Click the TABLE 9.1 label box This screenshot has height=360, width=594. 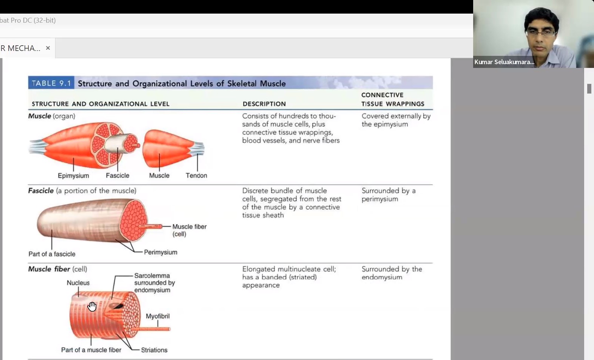coord(51,83)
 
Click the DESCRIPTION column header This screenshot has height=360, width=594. coord(264,104)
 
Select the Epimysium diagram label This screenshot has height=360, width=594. coord(73,175)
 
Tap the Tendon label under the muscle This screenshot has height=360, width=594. coord(196,175)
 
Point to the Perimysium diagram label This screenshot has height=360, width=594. coord(160,252)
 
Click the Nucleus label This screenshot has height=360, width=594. coord(78,283)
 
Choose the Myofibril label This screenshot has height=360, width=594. coord(157,316)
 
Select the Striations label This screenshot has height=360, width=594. coord(154,350)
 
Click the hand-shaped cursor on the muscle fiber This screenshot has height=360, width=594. coord(92,306)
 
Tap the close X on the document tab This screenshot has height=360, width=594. coord(48,48)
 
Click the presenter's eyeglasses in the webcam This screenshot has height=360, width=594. coord(541,33)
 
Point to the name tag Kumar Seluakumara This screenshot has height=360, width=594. coord(504,62)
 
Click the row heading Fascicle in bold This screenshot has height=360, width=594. coord(41,191)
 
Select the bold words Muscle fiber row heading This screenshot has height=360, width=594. coord(49,269)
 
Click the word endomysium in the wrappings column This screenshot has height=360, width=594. coord(382,277)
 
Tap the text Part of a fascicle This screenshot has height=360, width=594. coord(52,254)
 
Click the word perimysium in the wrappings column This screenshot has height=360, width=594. coord(380,199)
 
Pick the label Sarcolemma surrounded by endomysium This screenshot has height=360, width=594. coord(154,283)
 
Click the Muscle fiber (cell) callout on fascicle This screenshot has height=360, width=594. coord(189,230)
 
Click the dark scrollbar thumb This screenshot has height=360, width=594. coord(589,89)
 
